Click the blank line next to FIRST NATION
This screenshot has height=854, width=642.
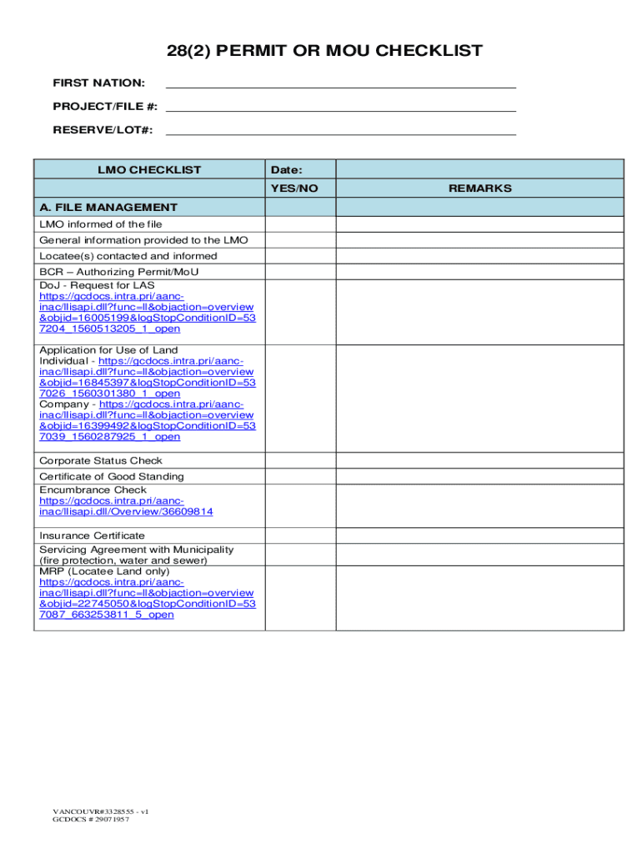342,82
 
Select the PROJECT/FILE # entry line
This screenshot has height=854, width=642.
342,106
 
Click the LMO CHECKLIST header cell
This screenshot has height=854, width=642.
149,169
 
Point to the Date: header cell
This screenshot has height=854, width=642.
300,169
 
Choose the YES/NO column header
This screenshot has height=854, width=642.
300,188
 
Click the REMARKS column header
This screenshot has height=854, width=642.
479,188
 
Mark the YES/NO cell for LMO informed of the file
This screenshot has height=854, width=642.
300,224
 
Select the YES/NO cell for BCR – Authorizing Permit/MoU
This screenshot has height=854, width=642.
300,272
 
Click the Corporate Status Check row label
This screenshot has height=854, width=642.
101,460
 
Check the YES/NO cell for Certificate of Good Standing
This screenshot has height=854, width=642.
300,476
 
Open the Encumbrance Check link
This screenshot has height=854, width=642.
125,506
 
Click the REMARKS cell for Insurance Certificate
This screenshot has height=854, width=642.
479,535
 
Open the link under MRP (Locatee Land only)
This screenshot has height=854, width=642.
147,598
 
